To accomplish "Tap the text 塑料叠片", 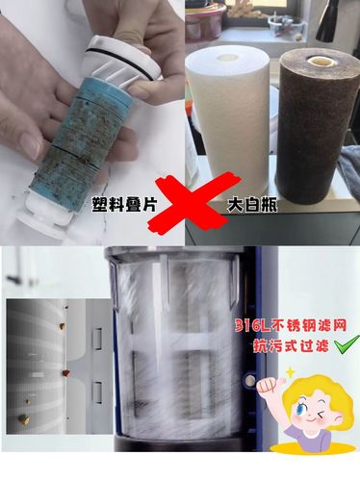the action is [x=124, y=203].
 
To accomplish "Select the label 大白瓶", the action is [x=252, y=204].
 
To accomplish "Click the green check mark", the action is [x=347, y=345].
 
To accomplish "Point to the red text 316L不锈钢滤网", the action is [x=291, y=326].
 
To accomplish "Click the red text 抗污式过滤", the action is [x=291, y=345].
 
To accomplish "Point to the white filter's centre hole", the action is [x=228, y=58].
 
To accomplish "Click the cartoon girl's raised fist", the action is [x=268, y=386].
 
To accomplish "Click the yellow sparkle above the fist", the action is [x=290, y=372].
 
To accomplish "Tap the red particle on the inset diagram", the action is [x=65, y=372].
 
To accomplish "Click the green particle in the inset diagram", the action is [x=23, y=418].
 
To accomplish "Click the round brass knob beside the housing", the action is [x=249, y=381].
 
